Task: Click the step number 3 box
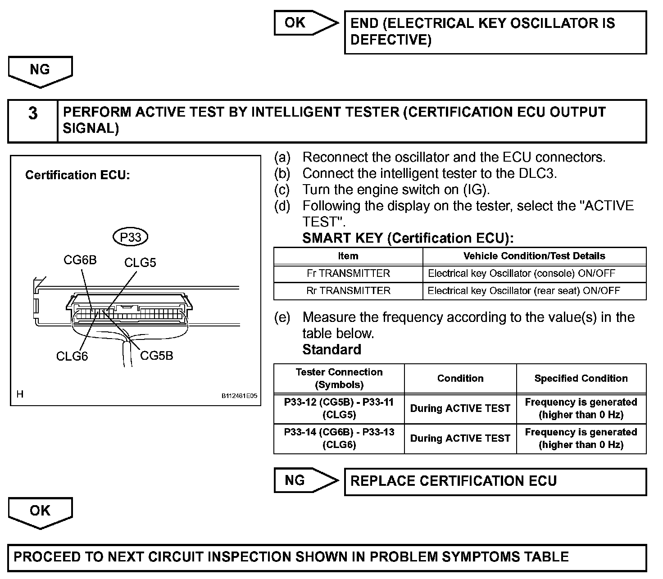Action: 33,114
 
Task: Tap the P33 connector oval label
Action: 131,237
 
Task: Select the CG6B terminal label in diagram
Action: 80,260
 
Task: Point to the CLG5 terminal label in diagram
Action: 140,262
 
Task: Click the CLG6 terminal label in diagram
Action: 72,356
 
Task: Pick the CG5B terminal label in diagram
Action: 156,355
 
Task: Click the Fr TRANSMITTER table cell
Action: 348,273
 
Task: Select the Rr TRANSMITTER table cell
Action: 348,290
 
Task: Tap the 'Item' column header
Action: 348,256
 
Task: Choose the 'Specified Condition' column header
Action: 581,379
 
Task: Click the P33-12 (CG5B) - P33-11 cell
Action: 339,408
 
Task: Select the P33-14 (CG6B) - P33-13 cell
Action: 339,438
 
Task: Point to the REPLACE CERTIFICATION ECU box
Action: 495,481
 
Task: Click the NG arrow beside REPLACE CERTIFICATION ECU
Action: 304,480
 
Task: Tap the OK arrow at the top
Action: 304,23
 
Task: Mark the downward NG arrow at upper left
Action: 40,71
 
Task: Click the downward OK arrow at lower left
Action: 40,512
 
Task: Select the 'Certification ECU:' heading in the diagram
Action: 77,175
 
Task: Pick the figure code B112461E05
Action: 239,396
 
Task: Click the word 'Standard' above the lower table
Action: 331,350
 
